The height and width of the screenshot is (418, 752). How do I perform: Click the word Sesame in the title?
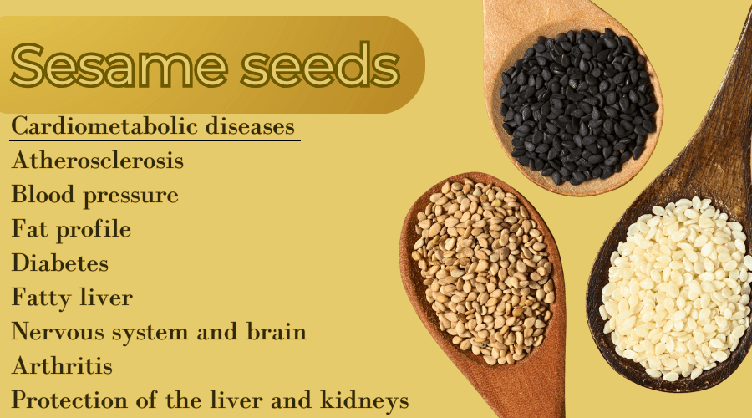click(119, 64)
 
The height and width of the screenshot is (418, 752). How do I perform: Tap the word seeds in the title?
click(320, 64)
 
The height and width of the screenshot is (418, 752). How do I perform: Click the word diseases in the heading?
click(250, 125)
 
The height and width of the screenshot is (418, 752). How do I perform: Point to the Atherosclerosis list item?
click(98, 161)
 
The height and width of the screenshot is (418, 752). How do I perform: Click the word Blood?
click(43, 194)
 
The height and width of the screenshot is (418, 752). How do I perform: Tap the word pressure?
click(130, 196)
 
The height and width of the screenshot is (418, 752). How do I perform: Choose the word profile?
click(94, 229)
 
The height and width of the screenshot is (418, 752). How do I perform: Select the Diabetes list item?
click(60, 263)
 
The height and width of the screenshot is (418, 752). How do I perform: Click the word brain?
click(277, 331)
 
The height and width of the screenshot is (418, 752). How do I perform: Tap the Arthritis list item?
click(62, 365)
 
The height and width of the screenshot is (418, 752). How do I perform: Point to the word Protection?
click(69, 400)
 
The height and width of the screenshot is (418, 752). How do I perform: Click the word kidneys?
click(364, 401)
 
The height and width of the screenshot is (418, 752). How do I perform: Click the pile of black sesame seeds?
click(577, 106)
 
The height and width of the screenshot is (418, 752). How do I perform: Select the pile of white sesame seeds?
click(676, 288)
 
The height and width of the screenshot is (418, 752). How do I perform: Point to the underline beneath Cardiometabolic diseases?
click(155, 140)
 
